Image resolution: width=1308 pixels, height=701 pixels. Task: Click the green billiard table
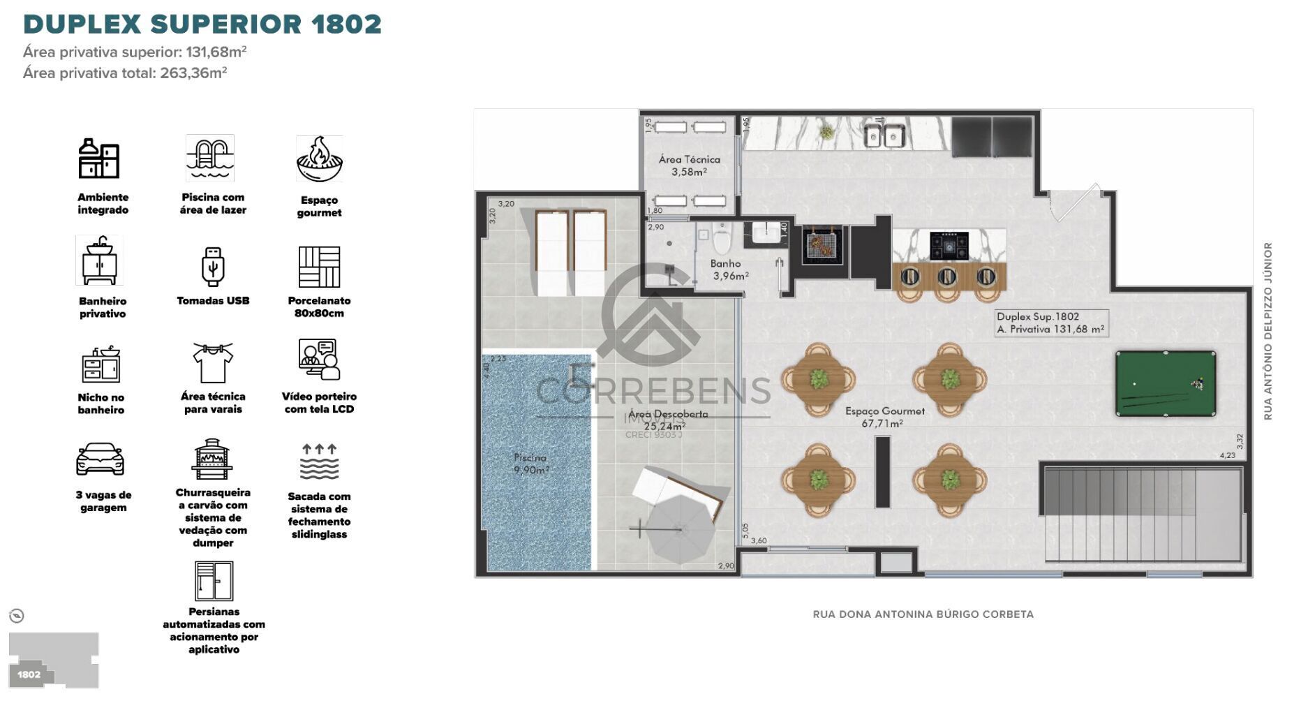(x=1165, y=383)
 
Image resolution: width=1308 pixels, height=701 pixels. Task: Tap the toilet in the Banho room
(x=722, y=240)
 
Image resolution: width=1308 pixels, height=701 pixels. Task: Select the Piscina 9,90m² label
(x=530, y=464)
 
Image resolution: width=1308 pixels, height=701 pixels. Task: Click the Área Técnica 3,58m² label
(x=689, y=165)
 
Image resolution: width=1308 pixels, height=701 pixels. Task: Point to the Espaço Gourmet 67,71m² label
(x=884, y=417)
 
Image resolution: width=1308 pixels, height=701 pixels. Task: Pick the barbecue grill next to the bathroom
(x=822, y=245)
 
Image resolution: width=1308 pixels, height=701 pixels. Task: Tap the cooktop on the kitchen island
(x=949, y=245)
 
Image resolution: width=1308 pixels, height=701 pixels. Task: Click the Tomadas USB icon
(x=213, y=266)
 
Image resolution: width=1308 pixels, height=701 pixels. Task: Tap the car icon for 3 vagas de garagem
(x=101, y=459)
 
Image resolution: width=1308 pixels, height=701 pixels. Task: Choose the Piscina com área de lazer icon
(x=210, y=158)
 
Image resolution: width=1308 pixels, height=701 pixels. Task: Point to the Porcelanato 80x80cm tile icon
(x=319, y=266)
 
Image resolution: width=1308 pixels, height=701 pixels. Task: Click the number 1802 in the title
(x=346, y=24)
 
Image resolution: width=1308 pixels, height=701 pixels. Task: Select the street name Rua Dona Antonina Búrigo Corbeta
(x=923, y=614)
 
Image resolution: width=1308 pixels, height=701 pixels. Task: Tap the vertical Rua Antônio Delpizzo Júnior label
(x=1268, y=331)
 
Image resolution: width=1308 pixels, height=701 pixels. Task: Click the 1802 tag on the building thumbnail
(x=29, y=674)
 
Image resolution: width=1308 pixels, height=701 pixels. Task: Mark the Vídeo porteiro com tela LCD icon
(x=319, y=360)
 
